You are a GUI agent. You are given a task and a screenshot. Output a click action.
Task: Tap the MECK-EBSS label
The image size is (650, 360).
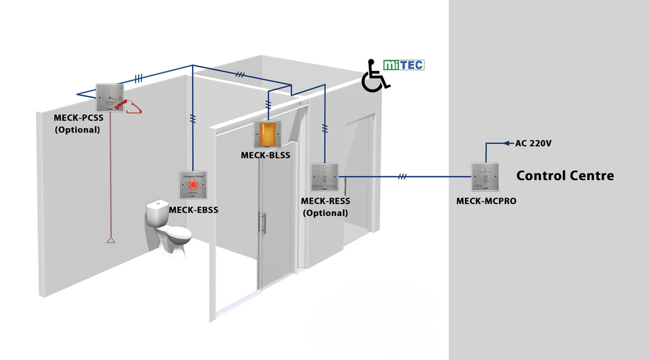pos(194,209)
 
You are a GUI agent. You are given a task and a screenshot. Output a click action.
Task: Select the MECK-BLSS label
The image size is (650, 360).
pos(266,155)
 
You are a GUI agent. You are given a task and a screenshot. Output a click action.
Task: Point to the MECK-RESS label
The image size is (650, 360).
pos(326,201)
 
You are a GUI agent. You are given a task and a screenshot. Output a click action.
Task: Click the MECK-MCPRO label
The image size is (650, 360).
pos(486,201)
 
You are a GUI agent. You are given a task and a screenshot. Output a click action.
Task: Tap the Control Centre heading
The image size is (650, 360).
pos(564,175)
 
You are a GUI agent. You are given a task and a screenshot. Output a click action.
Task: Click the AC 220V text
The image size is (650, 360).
pos(533,143)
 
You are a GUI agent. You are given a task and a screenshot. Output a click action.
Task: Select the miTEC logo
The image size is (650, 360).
pos(403,64)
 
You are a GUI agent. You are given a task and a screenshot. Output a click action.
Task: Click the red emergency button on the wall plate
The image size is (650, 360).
pos(193,185)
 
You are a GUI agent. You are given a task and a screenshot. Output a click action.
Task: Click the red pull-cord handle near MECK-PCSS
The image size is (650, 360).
pos(131,106)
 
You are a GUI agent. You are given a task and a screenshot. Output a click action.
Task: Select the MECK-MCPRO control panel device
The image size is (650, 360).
pos(486,178)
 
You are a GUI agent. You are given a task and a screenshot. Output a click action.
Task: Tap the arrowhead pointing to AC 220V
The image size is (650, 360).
pos(508,143)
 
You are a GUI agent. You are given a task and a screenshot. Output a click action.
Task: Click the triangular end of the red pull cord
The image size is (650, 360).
pos(111,241)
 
